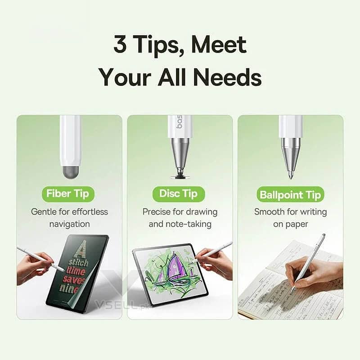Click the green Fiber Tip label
(x=69, y=194)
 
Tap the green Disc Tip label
(x=179, y=194)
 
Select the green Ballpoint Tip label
(x=291, y=195)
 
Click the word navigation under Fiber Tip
(x=69, y=224)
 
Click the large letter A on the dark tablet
(x=81, y=249)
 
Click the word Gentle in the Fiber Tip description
(x=44, y=211)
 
